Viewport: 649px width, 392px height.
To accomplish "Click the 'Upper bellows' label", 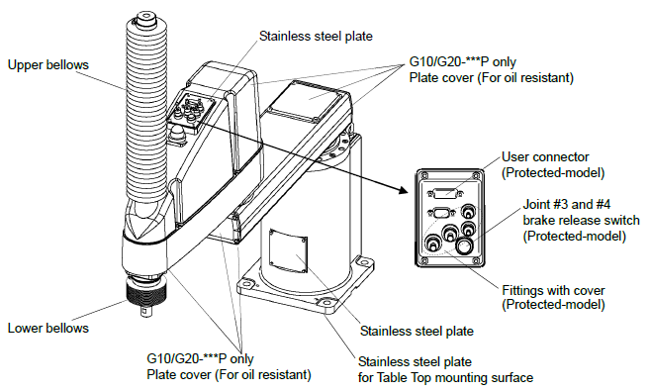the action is tap(48, 65).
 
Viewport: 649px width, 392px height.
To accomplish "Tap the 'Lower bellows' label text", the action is tap(48, 329).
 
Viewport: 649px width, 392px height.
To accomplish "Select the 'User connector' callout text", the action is tap(545, 156).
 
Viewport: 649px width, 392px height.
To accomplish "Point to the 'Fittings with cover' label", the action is tap(553, 290).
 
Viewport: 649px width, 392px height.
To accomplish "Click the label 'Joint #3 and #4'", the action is tap(567, 205).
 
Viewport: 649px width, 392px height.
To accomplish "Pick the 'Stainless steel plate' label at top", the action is tap(316, 36).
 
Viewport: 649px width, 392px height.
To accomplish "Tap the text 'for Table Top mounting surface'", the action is tap(445, 377).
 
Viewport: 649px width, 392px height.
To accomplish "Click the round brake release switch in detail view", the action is tap(464, 246).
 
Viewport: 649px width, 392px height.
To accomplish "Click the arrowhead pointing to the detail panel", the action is tap(403, 190).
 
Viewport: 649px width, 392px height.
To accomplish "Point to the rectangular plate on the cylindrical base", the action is tap(288, 251).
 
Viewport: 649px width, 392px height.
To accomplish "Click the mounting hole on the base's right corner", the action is tap(363, 261).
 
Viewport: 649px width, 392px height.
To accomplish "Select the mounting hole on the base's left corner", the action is tap(245, 285).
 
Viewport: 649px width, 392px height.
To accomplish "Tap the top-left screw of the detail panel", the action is tap(423, 174).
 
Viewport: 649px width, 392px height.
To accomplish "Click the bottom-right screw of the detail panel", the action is tap(477, 260).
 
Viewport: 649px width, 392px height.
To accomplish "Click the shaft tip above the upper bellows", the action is tap(145, 19).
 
